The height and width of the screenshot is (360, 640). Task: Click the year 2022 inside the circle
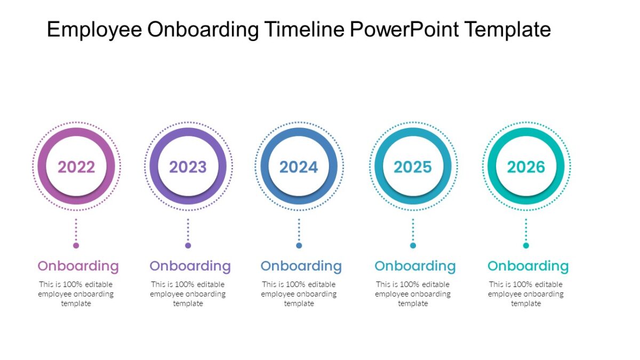(76, 167)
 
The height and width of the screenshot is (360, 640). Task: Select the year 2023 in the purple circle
(188, 167)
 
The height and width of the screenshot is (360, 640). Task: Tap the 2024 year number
(299, 167)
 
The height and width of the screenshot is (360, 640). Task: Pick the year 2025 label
(412, 167)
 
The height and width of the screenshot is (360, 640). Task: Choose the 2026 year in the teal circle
(526, 167)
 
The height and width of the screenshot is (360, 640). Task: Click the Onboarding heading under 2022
(78, 266)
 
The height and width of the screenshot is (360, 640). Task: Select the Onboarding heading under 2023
(190, 266)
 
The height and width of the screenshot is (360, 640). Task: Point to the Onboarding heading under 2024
(301, 266)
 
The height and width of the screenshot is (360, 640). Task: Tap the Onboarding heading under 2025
(415, 266)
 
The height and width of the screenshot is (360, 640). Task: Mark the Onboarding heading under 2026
(528, 266)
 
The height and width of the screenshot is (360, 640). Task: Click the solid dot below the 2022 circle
(76, 245)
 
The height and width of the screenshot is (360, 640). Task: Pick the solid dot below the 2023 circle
(188, 245)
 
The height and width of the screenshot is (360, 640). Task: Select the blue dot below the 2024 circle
(299, 245)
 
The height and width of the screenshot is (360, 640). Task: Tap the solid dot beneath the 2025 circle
(413, 245)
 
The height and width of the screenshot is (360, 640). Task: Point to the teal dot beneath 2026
(526, 245)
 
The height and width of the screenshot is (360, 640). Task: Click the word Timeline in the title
(304, 29)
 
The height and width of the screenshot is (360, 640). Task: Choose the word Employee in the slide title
(94, 30)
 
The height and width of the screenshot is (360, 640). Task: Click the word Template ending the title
(507, 30)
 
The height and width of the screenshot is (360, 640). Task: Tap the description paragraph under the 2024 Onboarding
(299, 294)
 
